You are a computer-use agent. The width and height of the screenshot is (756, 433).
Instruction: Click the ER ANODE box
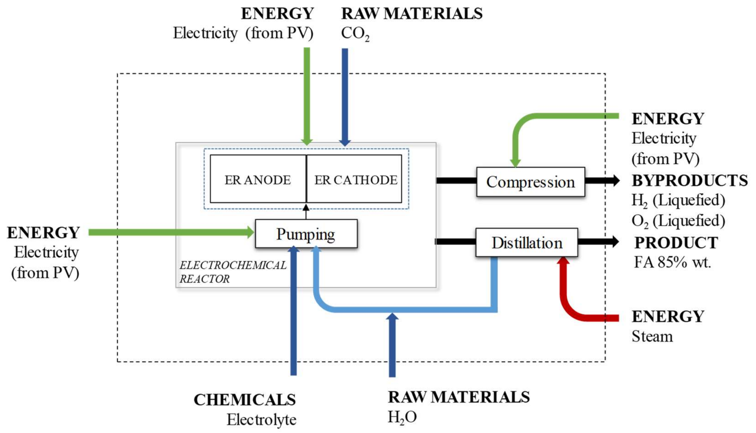[258, 179]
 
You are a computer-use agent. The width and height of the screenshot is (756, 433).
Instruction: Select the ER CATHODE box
[354, 179]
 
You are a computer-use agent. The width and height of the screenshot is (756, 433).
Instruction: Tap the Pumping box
[306, 233]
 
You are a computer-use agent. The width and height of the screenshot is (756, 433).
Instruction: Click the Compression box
[531, 182]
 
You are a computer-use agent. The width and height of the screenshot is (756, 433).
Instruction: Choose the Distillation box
[527, 243]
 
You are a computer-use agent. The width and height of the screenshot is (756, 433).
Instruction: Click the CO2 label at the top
[355, 34]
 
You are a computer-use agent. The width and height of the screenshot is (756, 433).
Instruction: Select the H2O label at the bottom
[402, 417]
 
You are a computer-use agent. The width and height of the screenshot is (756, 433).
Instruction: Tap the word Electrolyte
[262, 420]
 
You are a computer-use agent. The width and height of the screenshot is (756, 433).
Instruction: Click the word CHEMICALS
[245, 399]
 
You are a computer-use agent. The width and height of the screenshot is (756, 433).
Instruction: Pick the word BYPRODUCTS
[690, 180]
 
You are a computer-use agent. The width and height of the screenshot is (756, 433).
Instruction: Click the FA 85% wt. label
[672, 262]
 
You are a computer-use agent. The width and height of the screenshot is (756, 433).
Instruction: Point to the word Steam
[652, 336]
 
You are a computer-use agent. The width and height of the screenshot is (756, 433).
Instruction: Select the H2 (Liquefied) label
[678, 201]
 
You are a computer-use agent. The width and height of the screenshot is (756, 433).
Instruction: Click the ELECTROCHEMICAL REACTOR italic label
[233, 272]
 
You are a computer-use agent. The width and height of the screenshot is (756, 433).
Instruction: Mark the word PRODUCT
[676, 243]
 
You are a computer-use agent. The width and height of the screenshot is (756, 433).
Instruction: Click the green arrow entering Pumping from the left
[171, 232]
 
